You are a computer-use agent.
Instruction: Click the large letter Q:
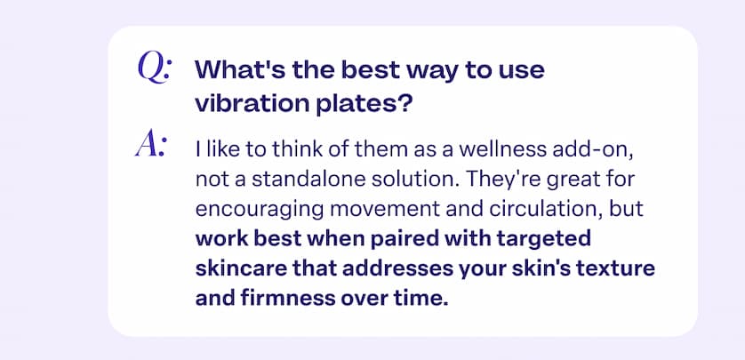(155, 69)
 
